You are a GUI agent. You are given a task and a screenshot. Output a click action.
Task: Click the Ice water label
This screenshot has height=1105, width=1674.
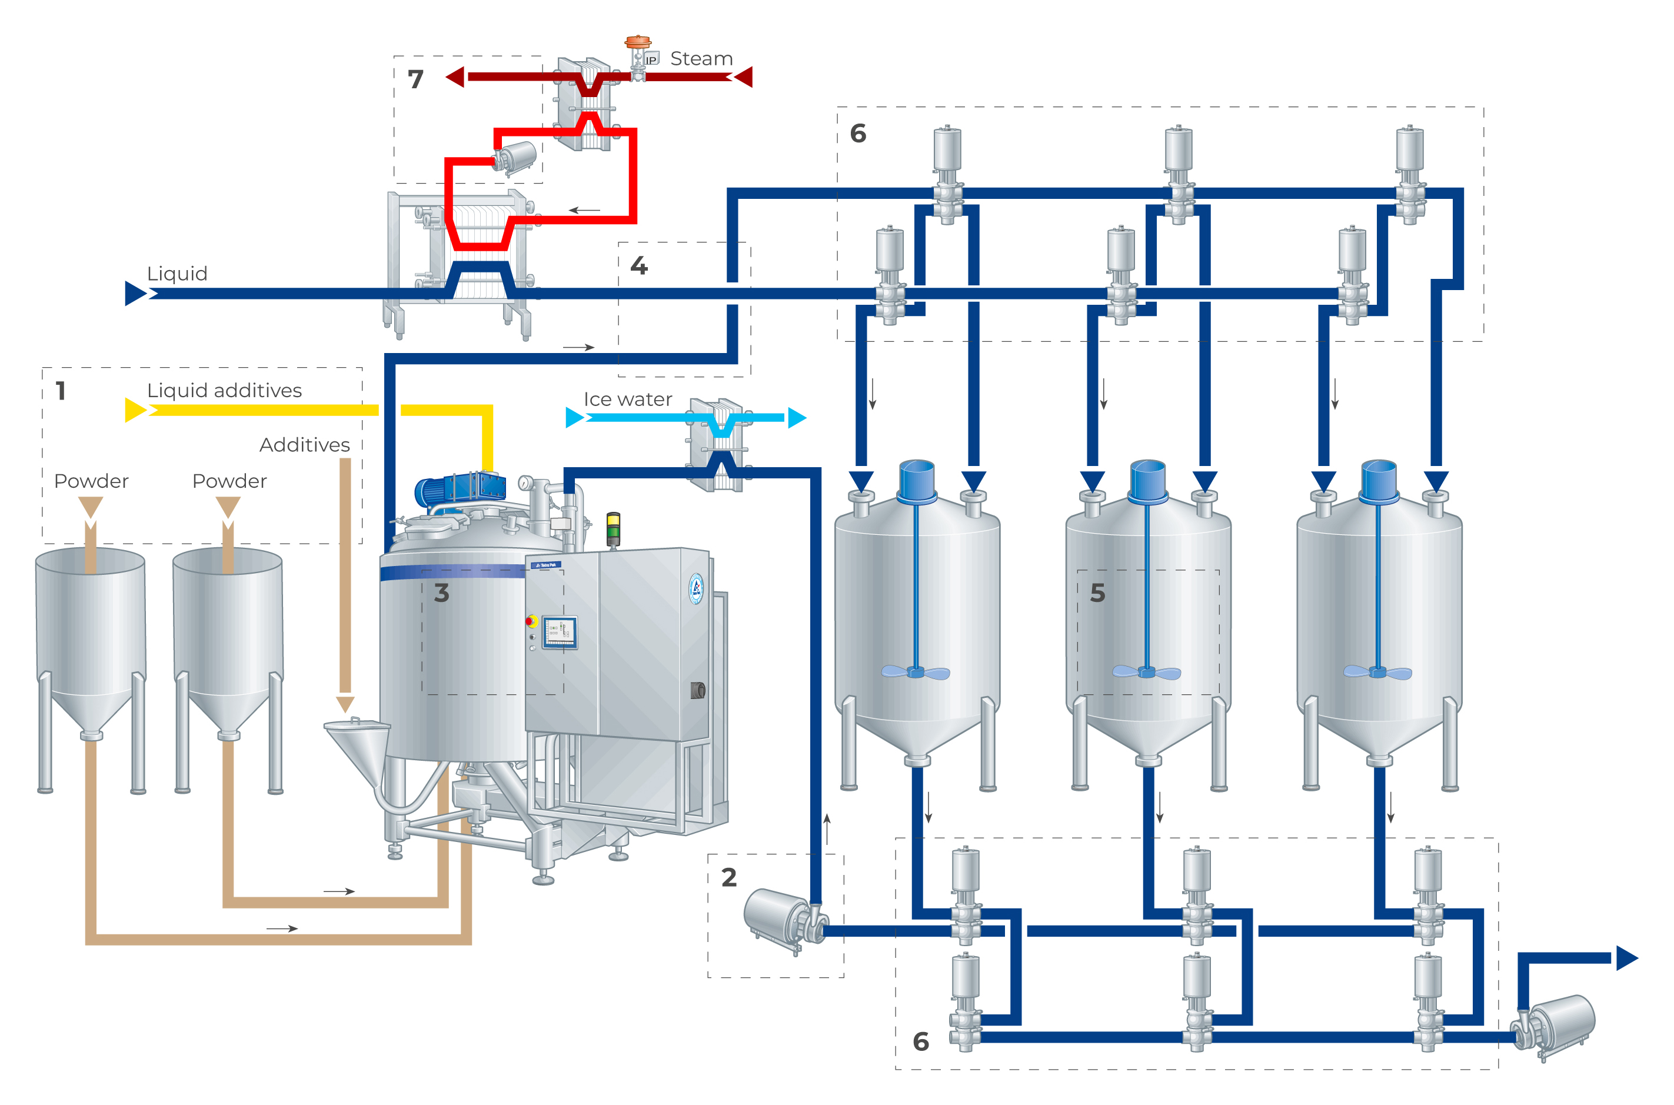point(627,400)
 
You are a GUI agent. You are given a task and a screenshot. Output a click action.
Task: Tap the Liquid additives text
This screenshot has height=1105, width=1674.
point(224,391)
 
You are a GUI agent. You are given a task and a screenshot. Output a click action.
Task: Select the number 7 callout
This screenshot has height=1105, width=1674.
point(415,79)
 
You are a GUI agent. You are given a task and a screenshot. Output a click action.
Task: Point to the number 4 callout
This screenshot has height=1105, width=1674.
point(638,266)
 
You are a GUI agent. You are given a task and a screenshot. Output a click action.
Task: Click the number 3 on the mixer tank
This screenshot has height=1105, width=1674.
point(441,593)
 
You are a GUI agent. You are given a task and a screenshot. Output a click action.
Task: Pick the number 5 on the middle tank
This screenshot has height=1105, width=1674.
point(1097,593)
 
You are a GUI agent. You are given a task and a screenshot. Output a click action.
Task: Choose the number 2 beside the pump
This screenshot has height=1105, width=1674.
point(728,877)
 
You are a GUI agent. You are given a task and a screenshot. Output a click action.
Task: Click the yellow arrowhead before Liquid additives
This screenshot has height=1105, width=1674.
point(135,410)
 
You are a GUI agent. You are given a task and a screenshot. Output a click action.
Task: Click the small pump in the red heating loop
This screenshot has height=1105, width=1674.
point(515,157)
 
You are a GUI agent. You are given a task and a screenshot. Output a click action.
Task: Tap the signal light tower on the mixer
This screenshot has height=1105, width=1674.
point(613,528)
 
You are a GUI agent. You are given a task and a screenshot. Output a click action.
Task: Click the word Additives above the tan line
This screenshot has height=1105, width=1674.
point(304,445)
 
